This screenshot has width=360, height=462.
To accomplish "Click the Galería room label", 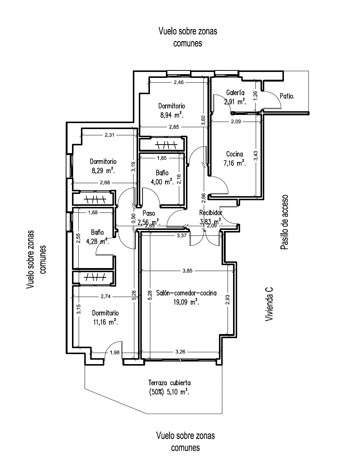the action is pyautogui.click(x=235, y=93).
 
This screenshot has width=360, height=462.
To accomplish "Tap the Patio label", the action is pyautogui.click(x=287, y=96).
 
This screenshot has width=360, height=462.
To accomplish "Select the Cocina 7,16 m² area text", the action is pyautogui.click(x=235, y=163).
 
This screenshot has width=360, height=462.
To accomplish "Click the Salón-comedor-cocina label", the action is pyautogui.click(x=186, y=293).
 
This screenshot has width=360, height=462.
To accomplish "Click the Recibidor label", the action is pyautogui.click(x=211, y=212).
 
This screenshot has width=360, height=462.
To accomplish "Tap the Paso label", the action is pyautogui.click(x=149, y=213).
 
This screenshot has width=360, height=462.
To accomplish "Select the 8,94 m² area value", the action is pyautogui.click(x=172, y=115).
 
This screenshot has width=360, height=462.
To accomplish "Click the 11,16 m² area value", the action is pyautogui.click(x=105, y=322).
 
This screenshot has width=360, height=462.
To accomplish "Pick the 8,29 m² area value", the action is pyautogui.click(x=103, y=171).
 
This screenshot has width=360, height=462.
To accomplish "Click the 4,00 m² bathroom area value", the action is pyautogui.click(x=162, y=182).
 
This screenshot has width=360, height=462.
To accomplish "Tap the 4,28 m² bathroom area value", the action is pyautogui.click(x=98, y=241).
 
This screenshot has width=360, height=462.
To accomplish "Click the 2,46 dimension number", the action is pyautogui.click(x=179, y=82).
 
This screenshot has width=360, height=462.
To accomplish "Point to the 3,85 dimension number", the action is pyautogui.click(x=187, y=271).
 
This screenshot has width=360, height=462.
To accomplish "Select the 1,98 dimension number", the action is pyautogui.click(x=114, y=353).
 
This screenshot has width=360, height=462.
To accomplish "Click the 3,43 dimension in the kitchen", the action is pyautogui.click(x=256, y=156).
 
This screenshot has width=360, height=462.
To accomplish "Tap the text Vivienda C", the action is pyautogui.click(x=269, y=304).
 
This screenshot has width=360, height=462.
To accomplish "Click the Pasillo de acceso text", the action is pyautogui.click(x=284, y=222).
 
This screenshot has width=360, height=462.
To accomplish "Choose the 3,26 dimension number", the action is pyautogui.click(x=180, y=352).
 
